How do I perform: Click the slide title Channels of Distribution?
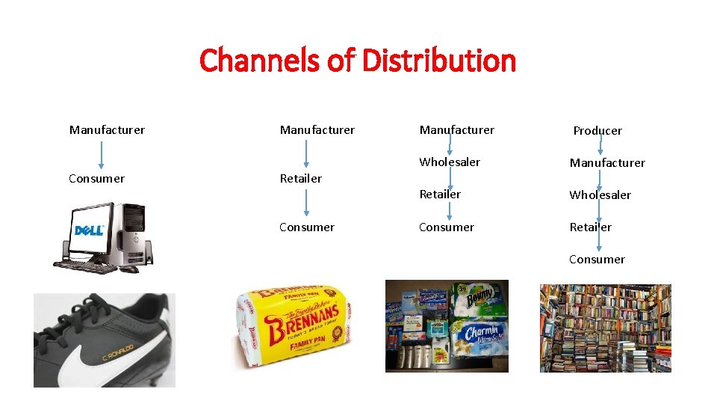[x=358, y=61]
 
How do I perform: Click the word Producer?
[x=597, y=131]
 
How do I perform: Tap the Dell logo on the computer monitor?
[x=89, y=230]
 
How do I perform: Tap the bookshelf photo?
[x=605, y=328]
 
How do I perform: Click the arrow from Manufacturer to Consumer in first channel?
[x=102, y=154]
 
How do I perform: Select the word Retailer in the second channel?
[x=300, y=179]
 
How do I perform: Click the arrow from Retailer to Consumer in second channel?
[x=305, y=203]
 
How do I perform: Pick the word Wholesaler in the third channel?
[x=450, y=162]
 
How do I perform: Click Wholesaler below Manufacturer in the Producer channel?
[x=600, y=195]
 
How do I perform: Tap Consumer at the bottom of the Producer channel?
[x=597, y=260]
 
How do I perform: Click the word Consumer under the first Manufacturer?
[x=96, y=179]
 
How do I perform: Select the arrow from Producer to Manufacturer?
[x=602, y=147]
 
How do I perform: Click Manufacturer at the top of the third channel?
[x=456, y=130]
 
